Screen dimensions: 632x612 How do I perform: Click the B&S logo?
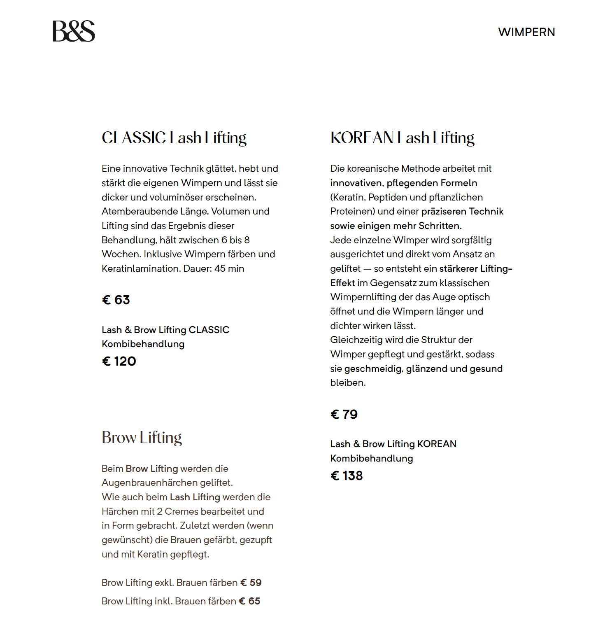pos(74,31)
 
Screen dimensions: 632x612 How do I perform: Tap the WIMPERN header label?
pos(526,32)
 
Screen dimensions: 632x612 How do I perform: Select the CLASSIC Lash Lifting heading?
pos(174,138)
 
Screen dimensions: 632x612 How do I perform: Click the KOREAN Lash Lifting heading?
pos(402,138)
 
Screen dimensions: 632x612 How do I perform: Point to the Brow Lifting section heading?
pos(142,438)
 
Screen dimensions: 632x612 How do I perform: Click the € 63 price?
pos(116,300)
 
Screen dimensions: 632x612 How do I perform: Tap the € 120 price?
pos(119,361)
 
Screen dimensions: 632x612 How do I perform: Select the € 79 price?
pos(344,415)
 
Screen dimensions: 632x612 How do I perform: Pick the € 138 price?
pos(347,476)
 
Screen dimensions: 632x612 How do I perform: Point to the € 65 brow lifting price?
pos(249,602)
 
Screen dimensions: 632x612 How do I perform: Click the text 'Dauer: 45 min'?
pos(214,269)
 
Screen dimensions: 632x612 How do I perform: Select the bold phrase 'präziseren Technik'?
pos(462,212)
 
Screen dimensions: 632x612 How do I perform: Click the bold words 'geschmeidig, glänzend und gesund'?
pos(423,369)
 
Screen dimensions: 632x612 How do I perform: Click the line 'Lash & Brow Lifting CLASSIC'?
pos(165,330)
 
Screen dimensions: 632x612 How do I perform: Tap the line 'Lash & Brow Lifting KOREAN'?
pos(393,444)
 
